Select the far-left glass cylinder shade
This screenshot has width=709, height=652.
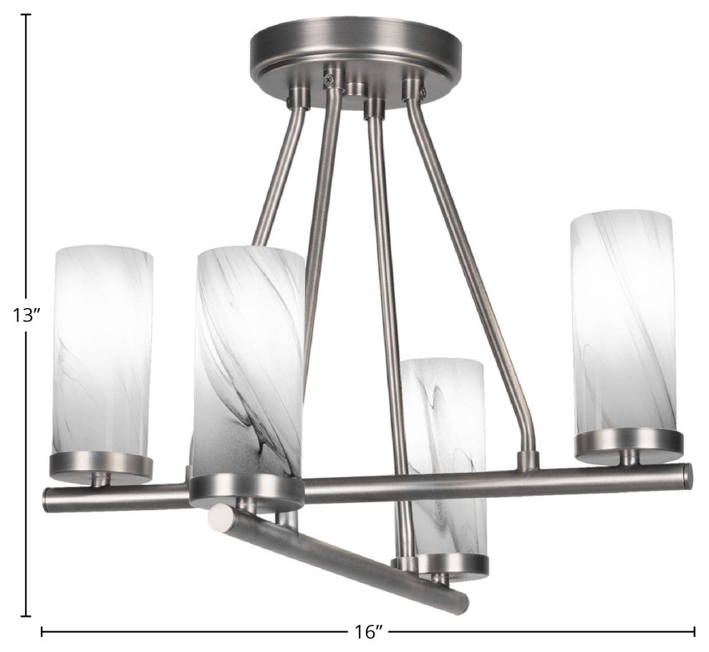tap(104, 351)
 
